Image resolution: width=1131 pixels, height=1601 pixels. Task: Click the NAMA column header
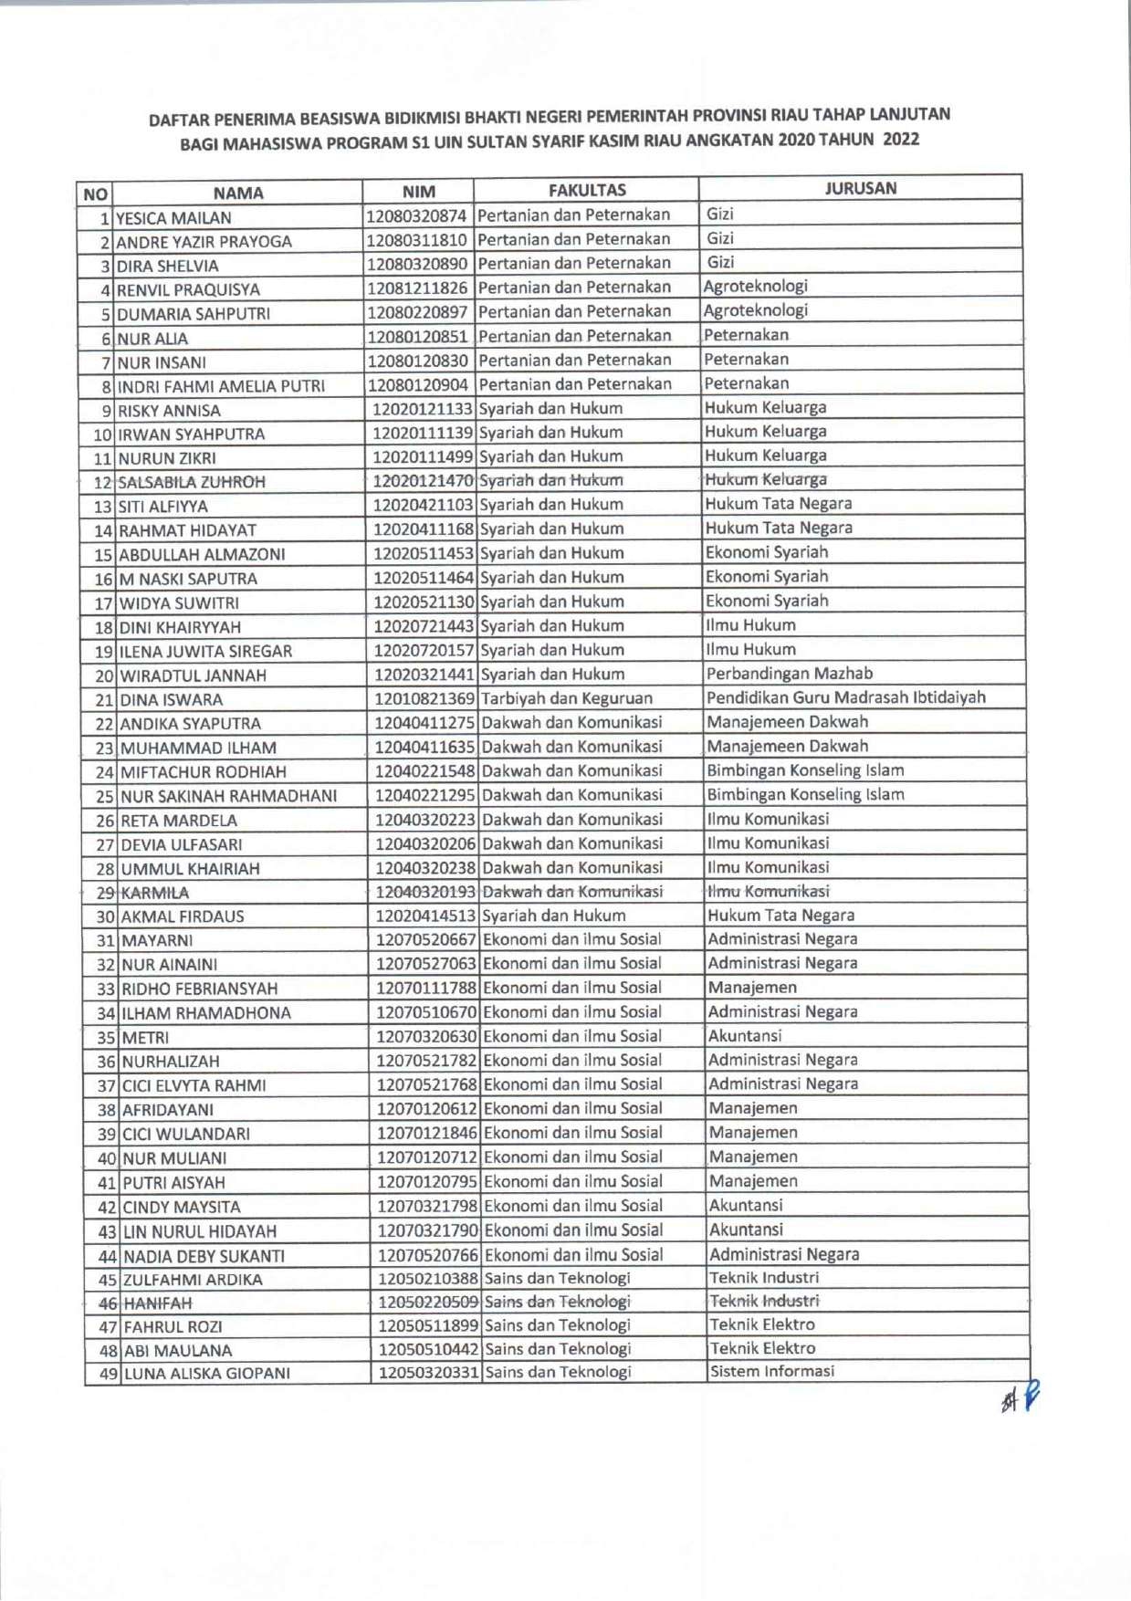237,193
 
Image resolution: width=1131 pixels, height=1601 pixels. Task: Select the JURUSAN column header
860,188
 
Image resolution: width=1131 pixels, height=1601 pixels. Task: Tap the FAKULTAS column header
587,190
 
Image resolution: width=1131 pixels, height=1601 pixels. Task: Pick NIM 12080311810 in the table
418,239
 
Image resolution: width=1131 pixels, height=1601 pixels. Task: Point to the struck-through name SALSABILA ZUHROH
192,481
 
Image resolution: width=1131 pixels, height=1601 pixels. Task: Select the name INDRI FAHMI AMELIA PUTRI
221,386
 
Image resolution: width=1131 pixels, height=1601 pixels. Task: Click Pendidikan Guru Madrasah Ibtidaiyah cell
845,697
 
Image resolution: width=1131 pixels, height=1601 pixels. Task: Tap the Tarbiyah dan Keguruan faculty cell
566,698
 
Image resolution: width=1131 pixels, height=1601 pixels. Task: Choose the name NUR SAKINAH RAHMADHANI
229,796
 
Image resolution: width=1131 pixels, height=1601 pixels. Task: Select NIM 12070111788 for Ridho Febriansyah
426,988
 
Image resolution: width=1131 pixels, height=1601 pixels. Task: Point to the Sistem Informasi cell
771,1371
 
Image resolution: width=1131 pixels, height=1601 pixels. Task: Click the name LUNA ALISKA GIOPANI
206,1373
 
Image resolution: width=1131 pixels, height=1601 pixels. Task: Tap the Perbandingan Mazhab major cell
789,674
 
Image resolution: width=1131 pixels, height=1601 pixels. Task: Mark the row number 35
106,1037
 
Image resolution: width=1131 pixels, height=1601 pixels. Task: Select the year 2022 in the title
900,140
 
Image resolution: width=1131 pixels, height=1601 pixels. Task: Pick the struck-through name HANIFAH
157,1303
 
